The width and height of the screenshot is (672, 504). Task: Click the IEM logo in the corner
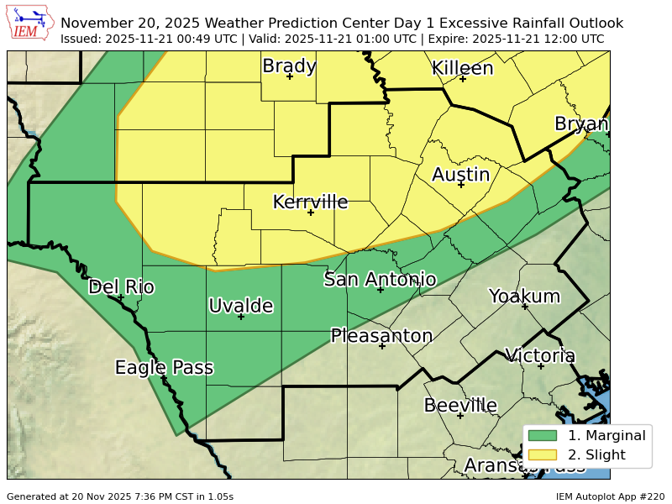click(31, 24)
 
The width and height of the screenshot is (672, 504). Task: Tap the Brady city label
click(289, 66)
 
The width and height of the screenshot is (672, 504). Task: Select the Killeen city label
click(462, 68)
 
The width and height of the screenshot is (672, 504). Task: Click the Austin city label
click(460, 174)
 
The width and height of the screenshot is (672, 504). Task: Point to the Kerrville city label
click(310, 202)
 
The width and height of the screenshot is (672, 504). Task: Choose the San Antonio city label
click(380, 279)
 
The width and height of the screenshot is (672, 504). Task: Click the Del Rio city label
click(121, 286)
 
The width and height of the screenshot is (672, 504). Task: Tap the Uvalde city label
click(241, 306)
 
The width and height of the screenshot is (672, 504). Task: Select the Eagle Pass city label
click(164, 367)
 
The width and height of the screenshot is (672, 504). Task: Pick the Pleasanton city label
click(381, 336)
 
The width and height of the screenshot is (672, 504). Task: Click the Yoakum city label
click(524, 296)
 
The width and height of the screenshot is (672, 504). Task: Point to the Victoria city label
click(539, 355)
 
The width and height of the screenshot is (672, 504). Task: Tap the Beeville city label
click(460, 405)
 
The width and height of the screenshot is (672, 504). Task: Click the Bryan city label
click(581, 124)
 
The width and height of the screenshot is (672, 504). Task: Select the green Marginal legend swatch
click(543, 435)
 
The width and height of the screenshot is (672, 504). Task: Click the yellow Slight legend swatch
click(543, 455)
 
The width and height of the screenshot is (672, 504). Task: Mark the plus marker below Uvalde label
click(241, 317)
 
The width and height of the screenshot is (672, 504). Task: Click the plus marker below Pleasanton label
click(381, 346)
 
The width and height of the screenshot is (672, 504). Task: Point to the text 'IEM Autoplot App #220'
click(610, 496)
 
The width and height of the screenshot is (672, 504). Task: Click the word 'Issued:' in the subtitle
click(81, 39)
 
